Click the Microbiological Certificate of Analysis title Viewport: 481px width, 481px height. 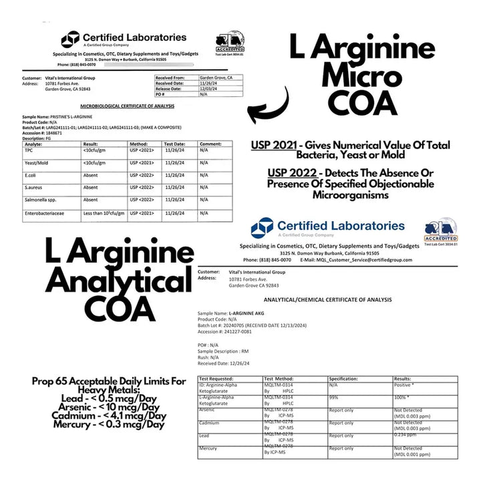127,106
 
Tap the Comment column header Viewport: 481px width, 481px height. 210,144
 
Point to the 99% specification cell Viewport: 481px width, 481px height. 333,397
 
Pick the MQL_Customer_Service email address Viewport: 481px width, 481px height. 375,260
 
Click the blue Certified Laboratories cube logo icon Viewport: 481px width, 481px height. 262,228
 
